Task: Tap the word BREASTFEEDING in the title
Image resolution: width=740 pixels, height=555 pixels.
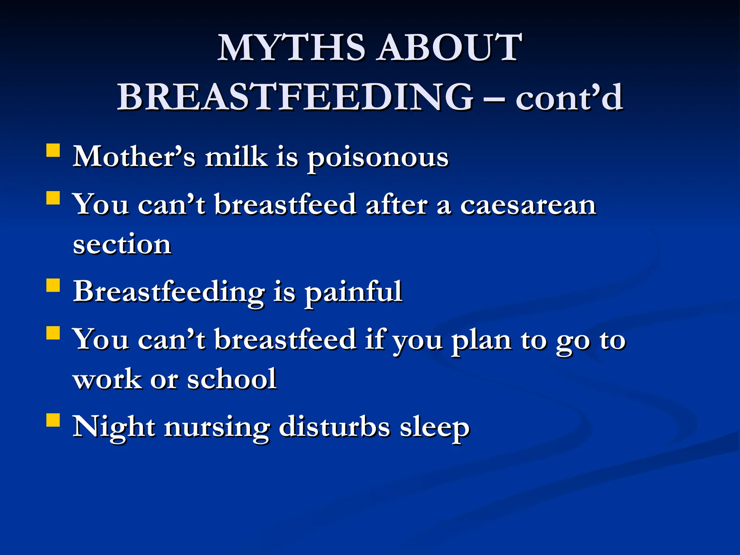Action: point(295,97)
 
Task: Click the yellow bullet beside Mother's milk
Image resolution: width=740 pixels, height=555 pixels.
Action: point(53,150)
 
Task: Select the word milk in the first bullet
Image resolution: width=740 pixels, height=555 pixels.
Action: point(236,157)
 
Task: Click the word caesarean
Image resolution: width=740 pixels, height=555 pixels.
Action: point(528,205)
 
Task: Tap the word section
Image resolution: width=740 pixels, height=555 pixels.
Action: point(122,245)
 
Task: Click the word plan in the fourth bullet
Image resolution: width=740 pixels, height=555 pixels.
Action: point(481,340)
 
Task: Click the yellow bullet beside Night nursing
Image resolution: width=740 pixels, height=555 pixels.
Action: point(53,420)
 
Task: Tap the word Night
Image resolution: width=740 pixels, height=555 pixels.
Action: point(114,427)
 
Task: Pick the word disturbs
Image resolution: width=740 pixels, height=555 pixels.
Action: point(334,427)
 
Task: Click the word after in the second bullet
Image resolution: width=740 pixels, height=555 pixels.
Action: point(397,205)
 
